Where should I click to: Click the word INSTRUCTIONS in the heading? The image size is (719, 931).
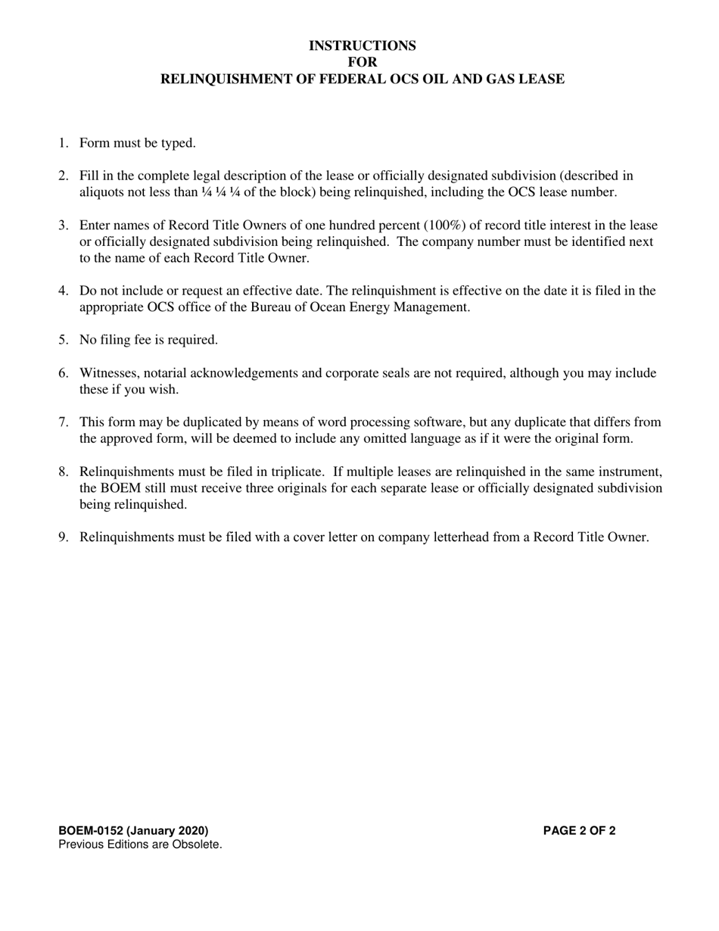point(362,45)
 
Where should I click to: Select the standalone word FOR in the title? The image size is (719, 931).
point(362,62)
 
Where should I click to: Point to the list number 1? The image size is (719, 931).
point(63,142)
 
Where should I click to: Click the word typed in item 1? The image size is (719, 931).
point(179,142)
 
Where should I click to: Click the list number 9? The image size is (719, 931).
point(63,537)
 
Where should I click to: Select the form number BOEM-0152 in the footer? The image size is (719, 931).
point(91,830)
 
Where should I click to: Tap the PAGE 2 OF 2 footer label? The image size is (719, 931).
point(579,830)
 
